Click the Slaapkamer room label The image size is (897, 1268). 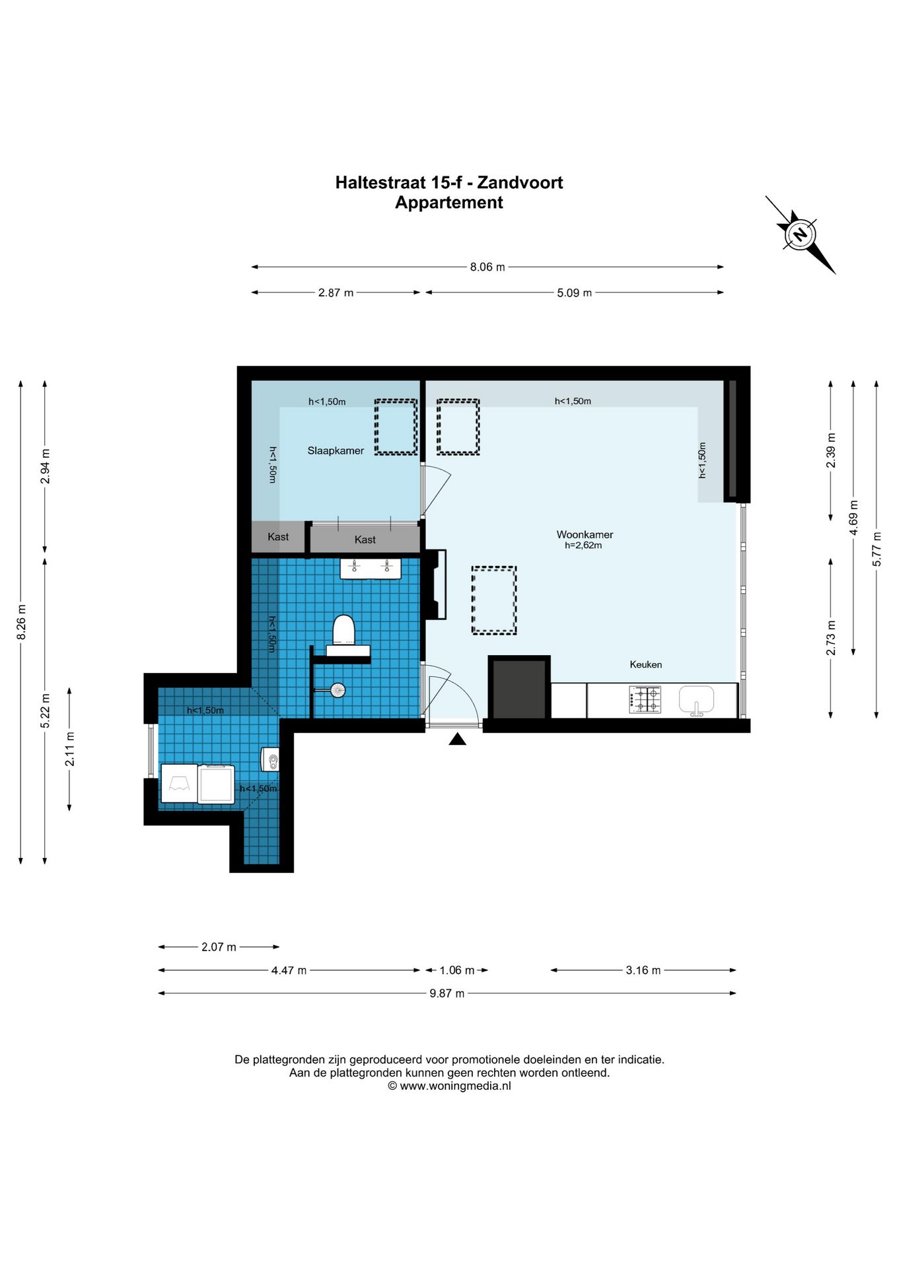[x=336, y=450]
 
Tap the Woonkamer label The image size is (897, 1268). [x=585, y=534]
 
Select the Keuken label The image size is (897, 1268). [x=645, y=664]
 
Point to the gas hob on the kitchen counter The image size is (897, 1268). [x=645, y=700]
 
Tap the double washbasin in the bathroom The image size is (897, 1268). [x=371, y=568]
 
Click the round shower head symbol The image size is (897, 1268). [x=338, y=690]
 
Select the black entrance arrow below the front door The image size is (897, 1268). [x=458, y=739]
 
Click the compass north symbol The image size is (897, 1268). [x=800, y=234]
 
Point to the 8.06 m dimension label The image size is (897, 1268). [x=487, y=267]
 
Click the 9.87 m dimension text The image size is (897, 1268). [x=447, y=993]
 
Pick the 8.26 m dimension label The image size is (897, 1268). [x=21, y=622]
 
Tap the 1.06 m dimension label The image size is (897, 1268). [x=457, y=970]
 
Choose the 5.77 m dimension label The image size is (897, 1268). [x=877, y=549]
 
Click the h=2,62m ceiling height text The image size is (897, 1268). [x=583, y=546]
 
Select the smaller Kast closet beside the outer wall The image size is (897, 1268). [x=278, y=537]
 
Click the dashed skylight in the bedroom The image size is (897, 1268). [x=396, y=427]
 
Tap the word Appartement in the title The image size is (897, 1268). [x=449, y=203]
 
